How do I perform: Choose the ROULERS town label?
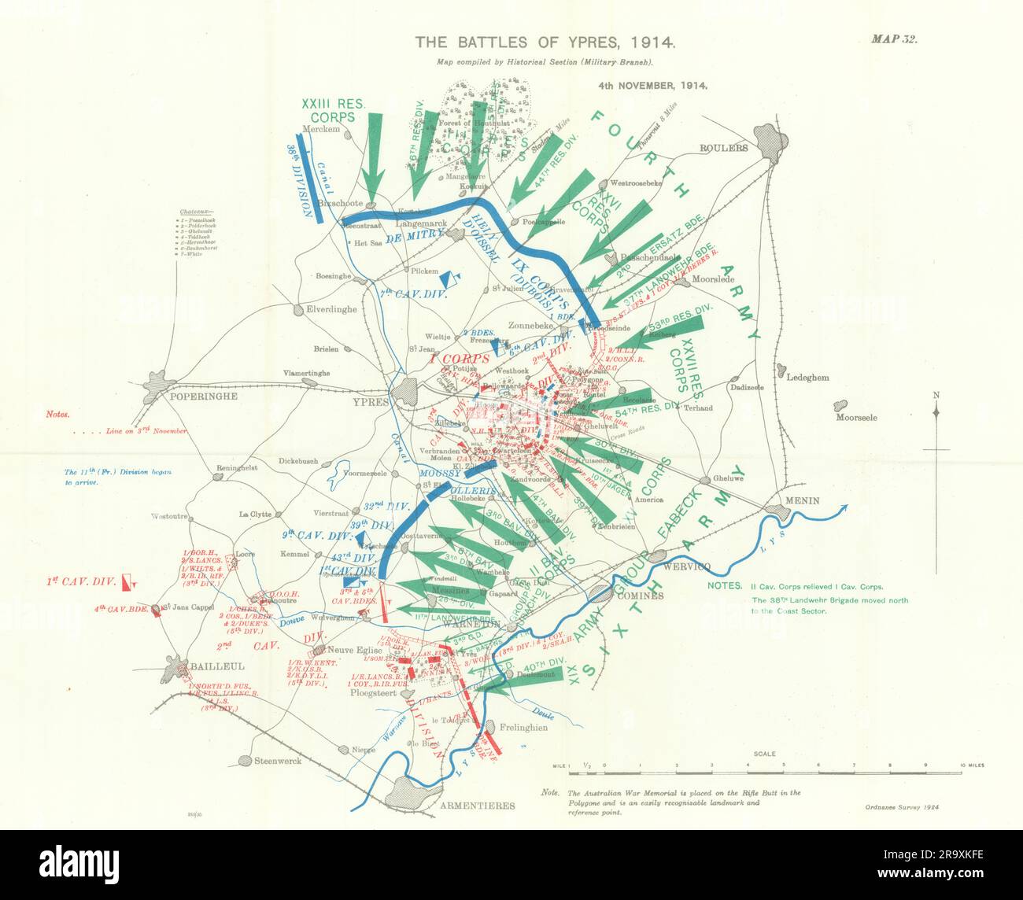tap(722, 147)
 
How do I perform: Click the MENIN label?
tap(801, 501)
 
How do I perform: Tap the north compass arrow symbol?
tap(936, 413)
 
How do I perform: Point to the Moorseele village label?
tap(856, 418)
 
